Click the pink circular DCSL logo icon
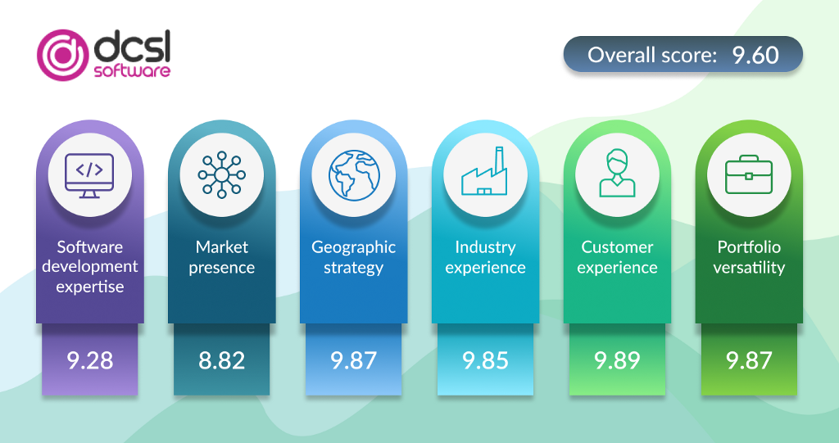point(62,55)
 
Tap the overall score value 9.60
point(755,55)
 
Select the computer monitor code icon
point(89,175)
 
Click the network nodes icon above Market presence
point(221,175)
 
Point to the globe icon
point(354,175)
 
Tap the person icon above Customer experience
point(617,173)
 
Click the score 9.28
point(90,360)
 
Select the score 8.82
point(221,360)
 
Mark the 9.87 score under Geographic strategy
point(354,360)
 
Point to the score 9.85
point(485,360)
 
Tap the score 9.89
point(617,360)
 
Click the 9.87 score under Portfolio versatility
point(749,360)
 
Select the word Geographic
point(354,248)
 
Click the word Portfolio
point(749,246)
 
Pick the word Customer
point(617,246)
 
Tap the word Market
point(221,246)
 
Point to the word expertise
point(90,287)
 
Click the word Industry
point(485,248)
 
